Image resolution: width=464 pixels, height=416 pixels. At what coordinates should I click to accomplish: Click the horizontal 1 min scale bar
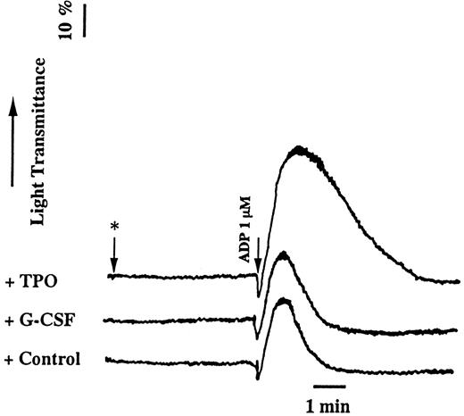(329, 386)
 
